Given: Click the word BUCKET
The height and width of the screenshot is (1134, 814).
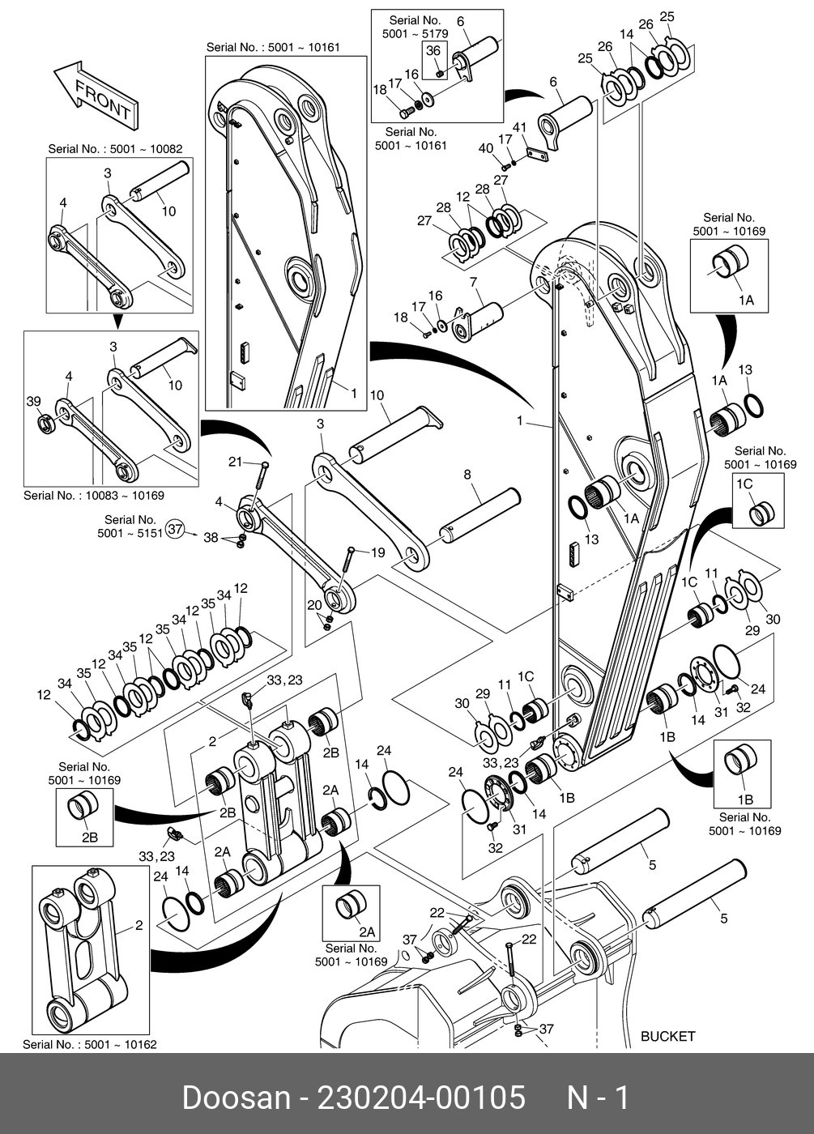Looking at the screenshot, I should [667, 1036].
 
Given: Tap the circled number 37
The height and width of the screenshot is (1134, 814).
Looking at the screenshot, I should [176, 530].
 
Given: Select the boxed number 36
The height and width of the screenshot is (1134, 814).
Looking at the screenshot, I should [433, 51].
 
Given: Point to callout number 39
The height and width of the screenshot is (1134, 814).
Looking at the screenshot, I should [33, 402].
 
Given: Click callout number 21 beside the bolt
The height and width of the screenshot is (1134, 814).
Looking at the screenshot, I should [235, 462].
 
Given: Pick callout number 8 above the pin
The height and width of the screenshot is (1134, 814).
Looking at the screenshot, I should [467, 475].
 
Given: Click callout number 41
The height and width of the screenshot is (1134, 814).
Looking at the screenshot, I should [520, 127].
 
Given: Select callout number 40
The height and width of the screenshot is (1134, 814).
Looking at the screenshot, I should [485, 147].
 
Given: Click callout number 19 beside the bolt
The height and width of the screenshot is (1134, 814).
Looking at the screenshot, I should [378, 552].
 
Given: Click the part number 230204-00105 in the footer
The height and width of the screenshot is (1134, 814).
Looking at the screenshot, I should [421, 1098].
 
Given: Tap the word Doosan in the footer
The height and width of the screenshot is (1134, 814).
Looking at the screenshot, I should [236, 1098].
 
